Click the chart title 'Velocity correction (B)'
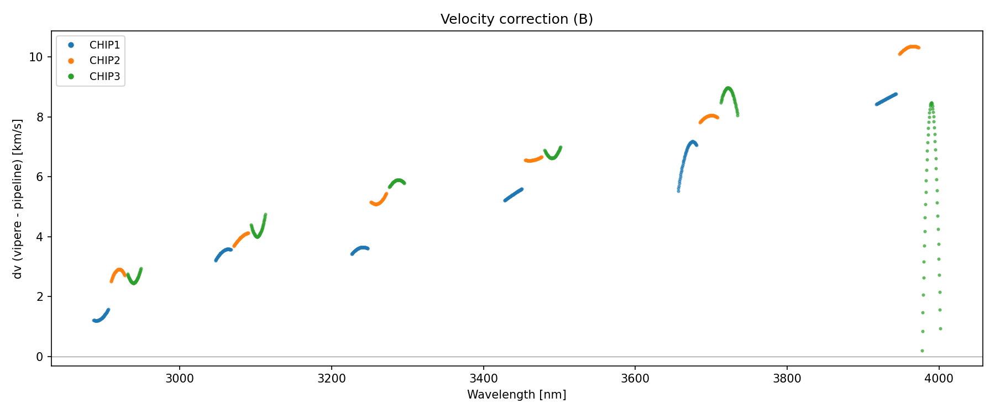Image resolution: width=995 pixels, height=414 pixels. pos(516,19)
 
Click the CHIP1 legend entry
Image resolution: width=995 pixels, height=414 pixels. pos(104,45)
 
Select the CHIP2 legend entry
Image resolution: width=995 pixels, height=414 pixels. pos(104,61)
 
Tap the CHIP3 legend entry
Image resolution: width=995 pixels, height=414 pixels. pos(104,77)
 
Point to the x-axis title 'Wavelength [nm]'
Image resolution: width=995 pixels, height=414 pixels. pos(516,395)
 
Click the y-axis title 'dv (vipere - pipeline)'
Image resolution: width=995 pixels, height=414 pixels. pos(18,199)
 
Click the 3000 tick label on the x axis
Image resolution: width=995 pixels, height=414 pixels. pos(180,379)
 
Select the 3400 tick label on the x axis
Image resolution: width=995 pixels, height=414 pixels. pos(483,379)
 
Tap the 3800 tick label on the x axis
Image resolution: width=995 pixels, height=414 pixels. pos(787,379)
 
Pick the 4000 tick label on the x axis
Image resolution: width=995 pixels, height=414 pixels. pos(939,379)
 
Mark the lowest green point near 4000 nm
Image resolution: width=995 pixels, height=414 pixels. pos(922,351)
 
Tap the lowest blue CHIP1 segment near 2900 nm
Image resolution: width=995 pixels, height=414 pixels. pos(100,319)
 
